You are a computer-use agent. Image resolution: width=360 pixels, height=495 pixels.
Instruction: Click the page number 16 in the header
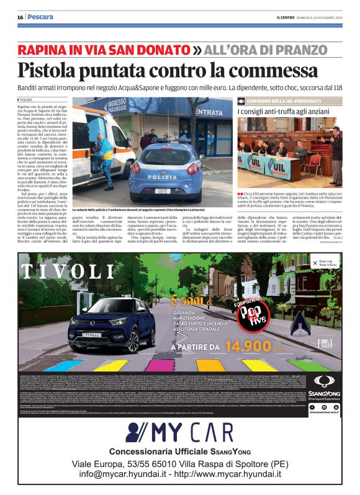click(20, 17)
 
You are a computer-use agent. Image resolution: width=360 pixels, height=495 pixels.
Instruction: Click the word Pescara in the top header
click(40, 17)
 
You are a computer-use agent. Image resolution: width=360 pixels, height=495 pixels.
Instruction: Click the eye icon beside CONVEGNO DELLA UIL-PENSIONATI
click(241, 100)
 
